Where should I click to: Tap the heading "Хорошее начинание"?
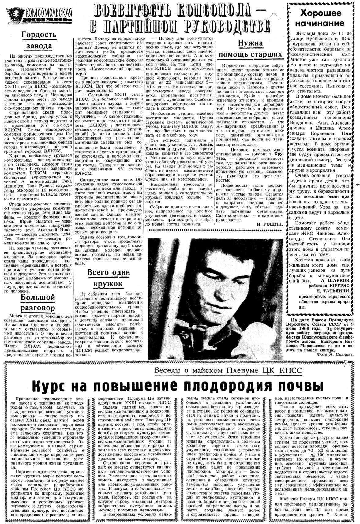point(320,18)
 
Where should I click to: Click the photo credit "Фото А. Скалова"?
point(335,354)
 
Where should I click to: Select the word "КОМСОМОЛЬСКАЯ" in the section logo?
point(49,13)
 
